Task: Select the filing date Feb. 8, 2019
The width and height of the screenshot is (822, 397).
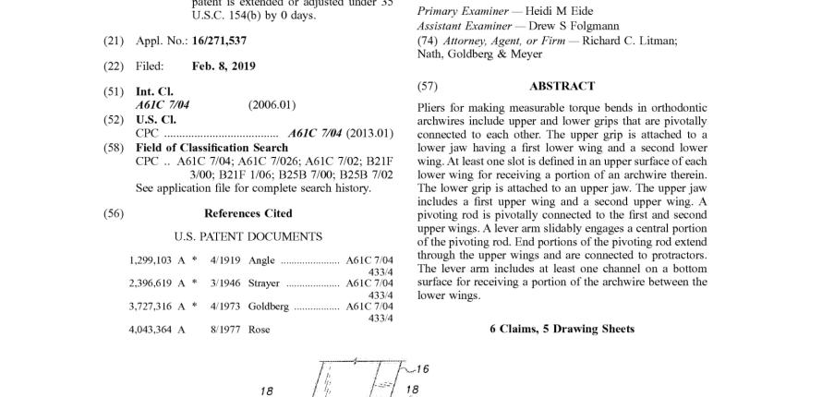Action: click(224, 66)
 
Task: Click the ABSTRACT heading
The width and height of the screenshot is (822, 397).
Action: click(562, 86)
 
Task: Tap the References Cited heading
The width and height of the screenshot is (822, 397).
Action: click(248, 213)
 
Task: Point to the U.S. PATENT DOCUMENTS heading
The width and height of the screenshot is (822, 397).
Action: click(248, 237)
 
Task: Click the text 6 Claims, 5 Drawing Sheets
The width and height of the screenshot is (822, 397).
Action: click(562, 329)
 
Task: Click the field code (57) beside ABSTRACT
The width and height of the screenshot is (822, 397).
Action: click(427, 86)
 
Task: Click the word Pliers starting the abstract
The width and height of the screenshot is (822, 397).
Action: click(432, 108)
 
